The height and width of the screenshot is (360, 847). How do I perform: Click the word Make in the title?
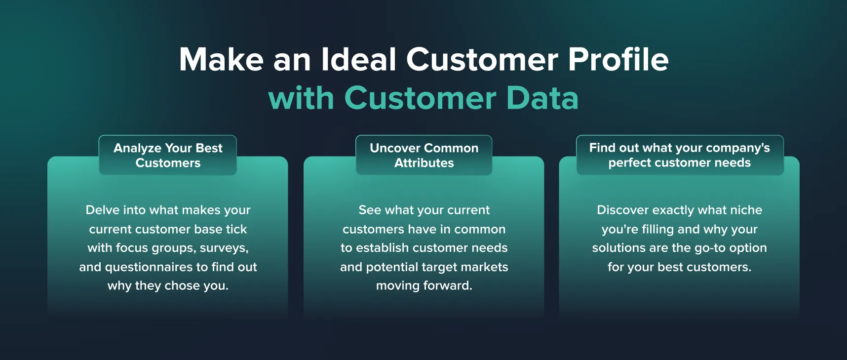coord(222,60)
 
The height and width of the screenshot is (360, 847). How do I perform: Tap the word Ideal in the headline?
coord(359,60)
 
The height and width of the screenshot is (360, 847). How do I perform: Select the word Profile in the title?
coord(618,60)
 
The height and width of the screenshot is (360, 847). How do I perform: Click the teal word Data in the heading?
coord(542,98)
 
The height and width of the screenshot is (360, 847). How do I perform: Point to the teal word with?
coord(301,98)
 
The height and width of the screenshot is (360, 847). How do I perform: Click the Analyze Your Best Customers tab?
coord(168,155)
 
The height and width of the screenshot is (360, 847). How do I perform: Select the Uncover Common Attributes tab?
coord(424,155)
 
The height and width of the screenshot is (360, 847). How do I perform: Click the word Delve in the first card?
coord(102,210)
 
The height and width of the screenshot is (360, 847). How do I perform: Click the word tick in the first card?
coord(236,229)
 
